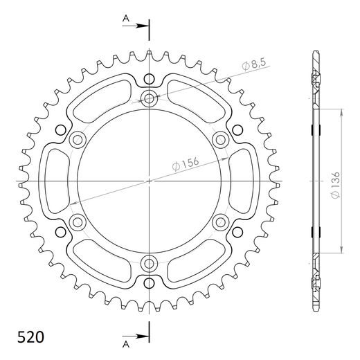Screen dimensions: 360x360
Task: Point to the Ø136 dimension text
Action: pyautogui.click(x=336, y=186)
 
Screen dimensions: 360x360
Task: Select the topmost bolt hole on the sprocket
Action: pyautogui.click(x=150, y=99)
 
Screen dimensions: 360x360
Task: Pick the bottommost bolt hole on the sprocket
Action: pyautogui.click(x=150, y=263)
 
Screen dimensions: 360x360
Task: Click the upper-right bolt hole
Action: pyautogui.click(x=221, y=140)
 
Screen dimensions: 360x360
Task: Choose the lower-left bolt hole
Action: pyautogui.click(x=78, y=222)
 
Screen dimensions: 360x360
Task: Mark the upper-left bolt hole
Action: pyautogui.click(x=78, y=140)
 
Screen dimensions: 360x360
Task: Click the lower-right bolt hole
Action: pyautogui.click(x=221, y=222)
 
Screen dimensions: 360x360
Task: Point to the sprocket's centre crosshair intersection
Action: pyautogui.click(x=150, y=181)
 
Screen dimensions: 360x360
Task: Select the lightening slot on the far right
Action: pyautogui.click(x=242, y=181)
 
